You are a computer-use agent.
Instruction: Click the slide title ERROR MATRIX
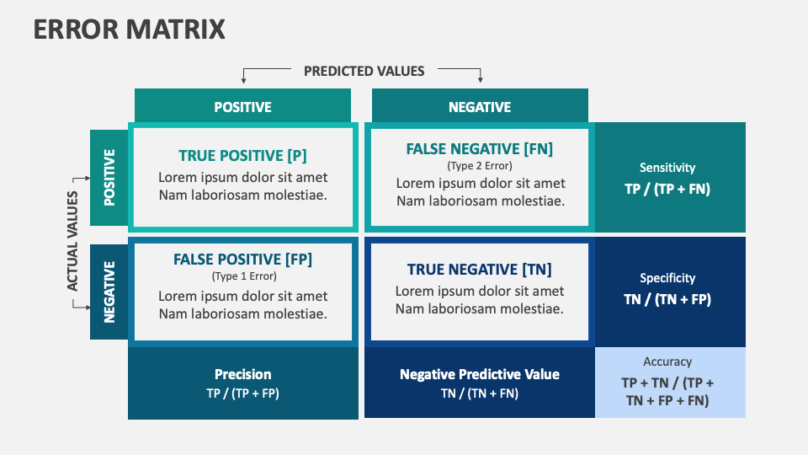point(130,29)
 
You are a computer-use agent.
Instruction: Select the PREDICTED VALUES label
point(364,71)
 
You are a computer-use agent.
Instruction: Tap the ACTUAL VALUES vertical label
point(72,241)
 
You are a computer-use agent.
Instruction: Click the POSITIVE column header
point(242,107)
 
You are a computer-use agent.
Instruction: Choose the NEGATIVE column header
point(480,107)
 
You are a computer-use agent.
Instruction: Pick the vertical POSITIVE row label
point(109,178)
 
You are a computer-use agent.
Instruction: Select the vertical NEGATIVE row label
point(109,292)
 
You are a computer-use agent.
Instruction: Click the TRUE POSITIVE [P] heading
point(242,156)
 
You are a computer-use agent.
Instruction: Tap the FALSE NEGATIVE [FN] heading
point(480,149)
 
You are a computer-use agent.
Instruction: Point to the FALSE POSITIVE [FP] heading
point(242,260)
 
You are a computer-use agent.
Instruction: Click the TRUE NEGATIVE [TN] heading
point(480,270)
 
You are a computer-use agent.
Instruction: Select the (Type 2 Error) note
point(480,166)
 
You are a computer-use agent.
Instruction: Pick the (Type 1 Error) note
point(242,276)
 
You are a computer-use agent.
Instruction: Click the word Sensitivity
point(667,168)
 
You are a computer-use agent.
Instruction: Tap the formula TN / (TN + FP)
point(667,299)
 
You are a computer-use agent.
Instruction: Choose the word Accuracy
point(667,361)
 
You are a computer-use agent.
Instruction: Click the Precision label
point(242,374)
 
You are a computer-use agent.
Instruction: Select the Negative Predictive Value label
point(480,374)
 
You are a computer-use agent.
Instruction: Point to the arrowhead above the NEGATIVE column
point(481,80)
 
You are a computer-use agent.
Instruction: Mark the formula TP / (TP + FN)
point(667,189)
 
